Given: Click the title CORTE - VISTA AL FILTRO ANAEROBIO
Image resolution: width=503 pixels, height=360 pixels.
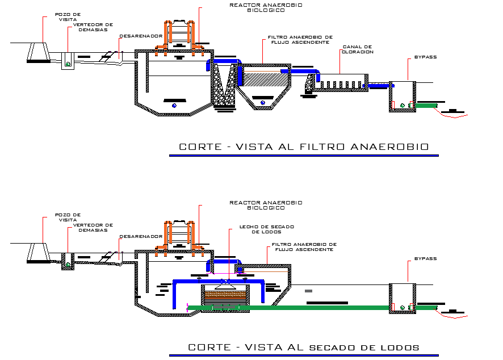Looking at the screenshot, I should pyautogui.click(x=303, y=147).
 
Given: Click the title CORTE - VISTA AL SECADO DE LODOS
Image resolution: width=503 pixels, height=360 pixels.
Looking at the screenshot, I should pyautogui.click(x=304, y=347).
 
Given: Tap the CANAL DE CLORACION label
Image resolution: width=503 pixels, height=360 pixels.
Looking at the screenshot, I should pyautogui.click(x=357, y=49).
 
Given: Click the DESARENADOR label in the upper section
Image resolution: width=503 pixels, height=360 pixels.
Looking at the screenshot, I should pyautogui.click(x=141, y=36).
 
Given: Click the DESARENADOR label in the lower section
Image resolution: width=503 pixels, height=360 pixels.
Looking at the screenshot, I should pyautogui.click(x=141, y=236).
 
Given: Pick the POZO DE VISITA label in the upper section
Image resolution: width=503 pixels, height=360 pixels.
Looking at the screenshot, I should pyautogui.click(x=66, y=16).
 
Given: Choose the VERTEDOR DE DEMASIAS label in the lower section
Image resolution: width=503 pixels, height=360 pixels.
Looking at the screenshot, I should pyautogui.click(x=93, y=227).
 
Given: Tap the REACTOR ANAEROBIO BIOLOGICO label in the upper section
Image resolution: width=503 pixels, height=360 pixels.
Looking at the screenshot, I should pyautogui.click(x=266, y=7).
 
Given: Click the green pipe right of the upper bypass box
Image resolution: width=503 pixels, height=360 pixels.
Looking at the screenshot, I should pyautogui.click(x=426, y=105).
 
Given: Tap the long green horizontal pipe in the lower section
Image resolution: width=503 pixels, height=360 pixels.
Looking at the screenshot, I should pyautogui.click(x=318, y=307).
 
